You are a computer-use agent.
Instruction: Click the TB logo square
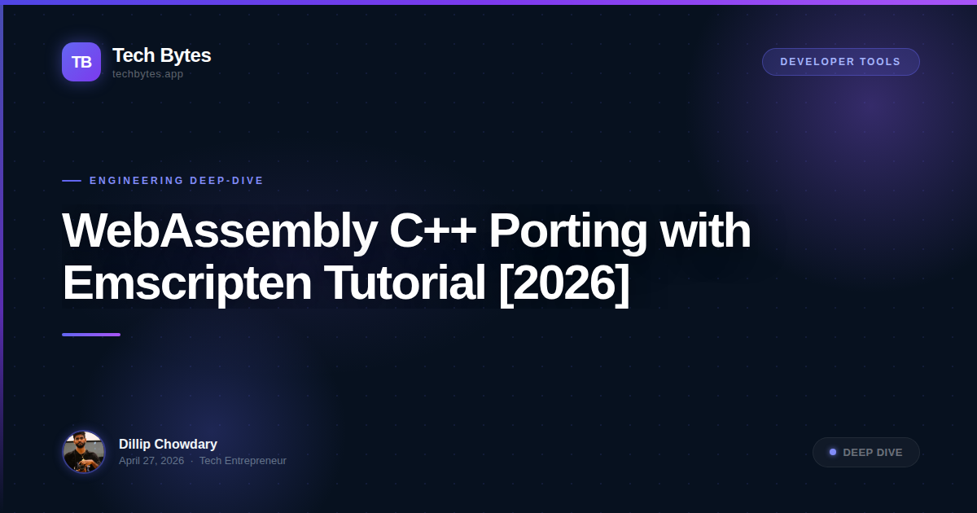(81, 62)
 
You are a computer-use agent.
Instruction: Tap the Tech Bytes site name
(161, 55)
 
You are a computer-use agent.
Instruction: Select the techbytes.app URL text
(147, 74)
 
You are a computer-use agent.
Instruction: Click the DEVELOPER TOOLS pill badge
(840, 62)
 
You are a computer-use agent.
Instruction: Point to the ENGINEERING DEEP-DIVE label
(177, 181)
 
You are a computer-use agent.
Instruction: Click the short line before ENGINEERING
(72, 181)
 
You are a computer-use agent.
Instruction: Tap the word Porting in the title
(567, 230)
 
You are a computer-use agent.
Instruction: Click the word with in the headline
(705, 230)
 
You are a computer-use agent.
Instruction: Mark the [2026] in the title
(564, 283)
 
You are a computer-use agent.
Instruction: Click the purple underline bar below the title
(91, 335)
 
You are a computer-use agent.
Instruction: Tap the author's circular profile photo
(84, 452)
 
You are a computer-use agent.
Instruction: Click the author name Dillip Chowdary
(168, 444)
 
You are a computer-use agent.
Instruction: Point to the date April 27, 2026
(151, 461)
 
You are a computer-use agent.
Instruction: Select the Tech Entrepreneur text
(243, 461)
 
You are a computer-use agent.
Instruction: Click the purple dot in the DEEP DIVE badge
(833, 452)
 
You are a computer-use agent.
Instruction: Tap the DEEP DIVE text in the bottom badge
(873, 453)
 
